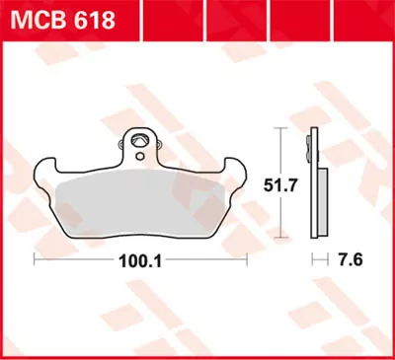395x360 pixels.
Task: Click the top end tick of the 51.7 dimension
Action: point(284,129)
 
